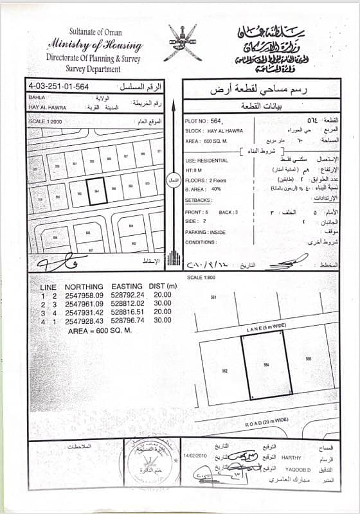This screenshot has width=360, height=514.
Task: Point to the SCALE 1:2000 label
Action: [43, 121]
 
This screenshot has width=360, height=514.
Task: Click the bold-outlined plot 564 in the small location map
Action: [96, 191]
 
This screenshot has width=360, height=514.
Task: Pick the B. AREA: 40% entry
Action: [203, 190]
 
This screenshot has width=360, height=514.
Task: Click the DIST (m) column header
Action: [161, 286]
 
